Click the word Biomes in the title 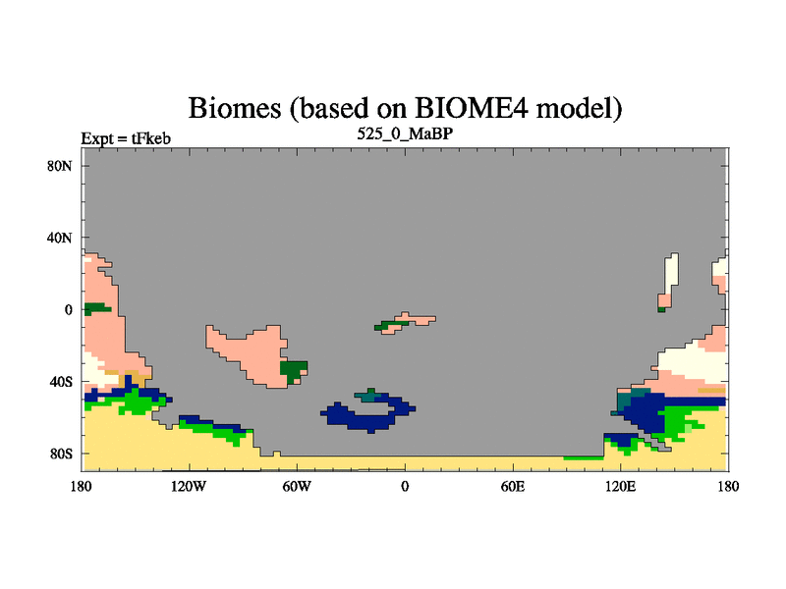235,108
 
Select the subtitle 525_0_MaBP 405,134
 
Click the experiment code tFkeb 151,138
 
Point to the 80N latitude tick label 60,166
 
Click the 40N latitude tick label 60,238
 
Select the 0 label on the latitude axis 68,309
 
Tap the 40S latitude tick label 61,382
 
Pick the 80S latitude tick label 61,454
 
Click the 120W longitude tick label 189,486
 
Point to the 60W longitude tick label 297,486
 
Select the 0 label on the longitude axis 405,486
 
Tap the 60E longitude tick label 513,486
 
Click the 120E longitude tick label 621,486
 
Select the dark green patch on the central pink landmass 293,370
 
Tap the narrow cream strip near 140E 670,276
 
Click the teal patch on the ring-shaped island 366,397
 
